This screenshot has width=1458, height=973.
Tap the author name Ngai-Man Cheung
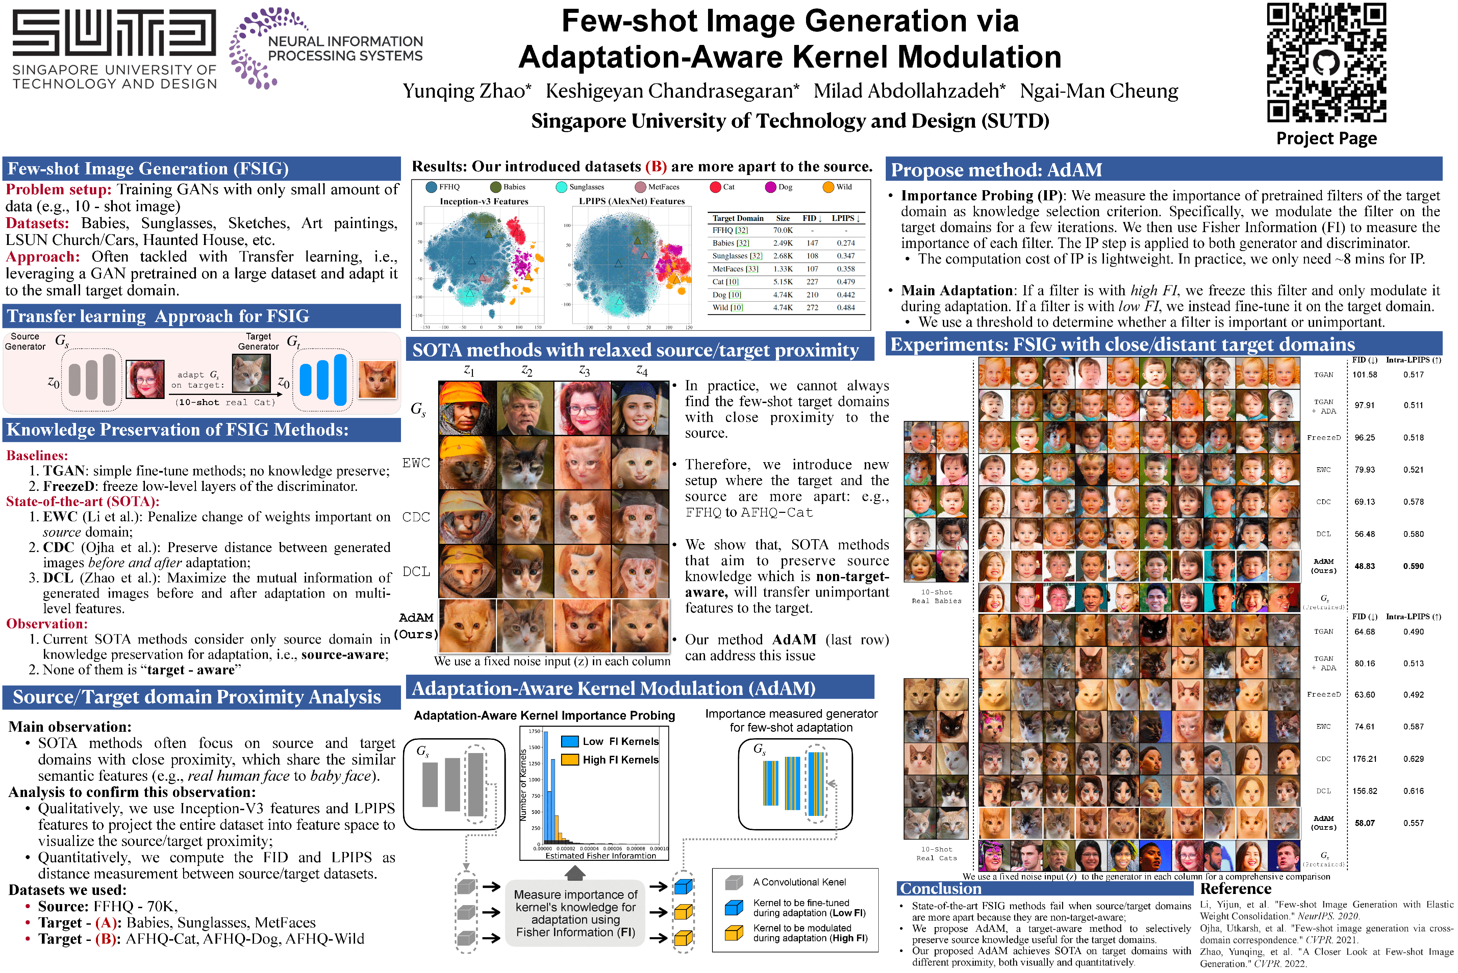(x=1099, y=91)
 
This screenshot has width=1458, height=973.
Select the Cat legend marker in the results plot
(x=715, y=187)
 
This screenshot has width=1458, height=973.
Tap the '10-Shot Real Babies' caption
(x=936, y=596)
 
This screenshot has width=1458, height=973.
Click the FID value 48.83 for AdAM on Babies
(x=1364, y=566)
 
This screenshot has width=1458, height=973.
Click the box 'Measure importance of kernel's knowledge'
(x=575, y=913)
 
